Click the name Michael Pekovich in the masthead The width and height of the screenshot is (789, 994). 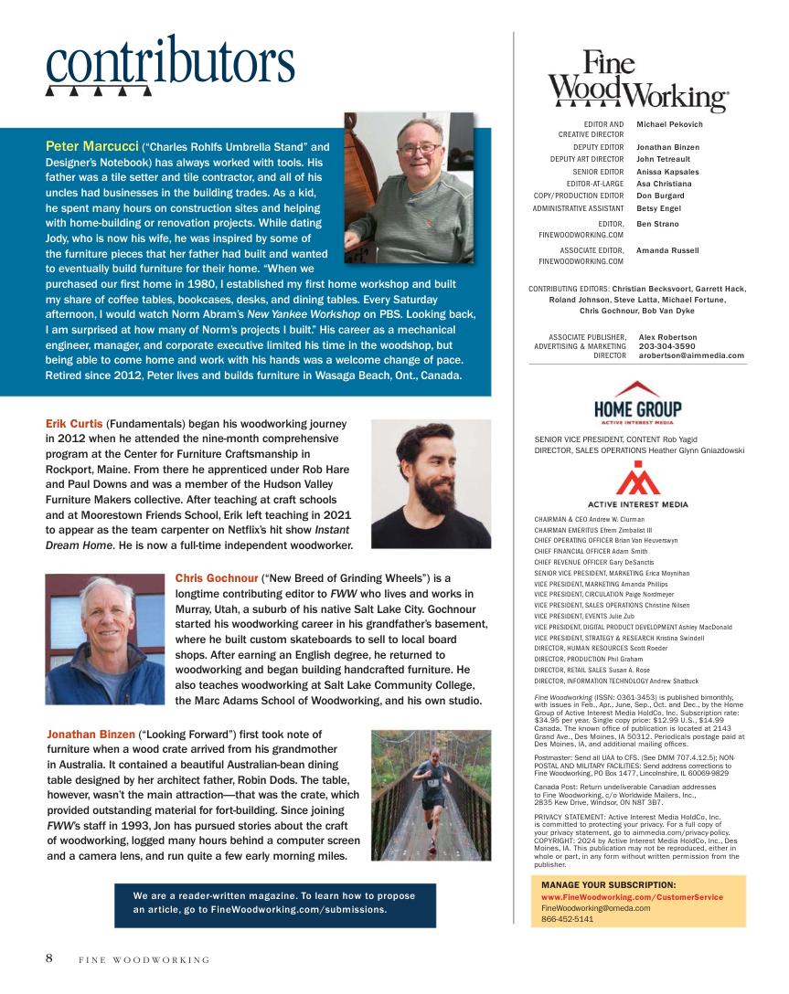tap(669, 124)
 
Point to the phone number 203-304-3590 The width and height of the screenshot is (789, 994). tap(668, 346)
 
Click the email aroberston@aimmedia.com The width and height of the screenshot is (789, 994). tap(691, 355)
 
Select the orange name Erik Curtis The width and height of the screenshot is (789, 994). tap(74, 424)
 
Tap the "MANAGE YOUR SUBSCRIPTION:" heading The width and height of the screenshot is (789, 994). tap(608, 885)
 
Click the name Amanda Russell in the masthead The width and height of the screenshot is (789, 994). tap(667, 250)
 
